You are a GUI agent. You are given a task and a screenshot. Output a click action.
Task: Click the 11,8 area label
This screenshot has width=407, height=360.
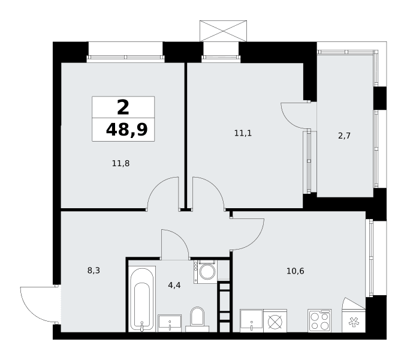120,163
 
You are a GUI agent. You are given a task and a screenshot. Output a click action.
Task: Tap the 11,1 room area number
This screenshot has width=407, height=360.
243,133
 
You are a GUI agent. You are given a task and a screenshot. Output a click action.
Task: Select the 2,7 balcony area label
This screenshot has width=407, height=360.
345,136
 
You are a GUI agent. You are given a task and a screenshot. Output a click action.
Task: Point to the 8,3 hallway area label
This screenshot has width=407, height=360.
94,271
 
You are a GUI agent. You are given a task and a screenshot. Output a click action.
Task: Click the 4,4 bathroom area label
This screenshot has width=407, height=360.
174,285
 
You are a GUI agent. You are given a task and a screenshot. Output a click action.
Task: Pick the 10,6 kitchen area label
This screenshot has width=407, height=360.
296,271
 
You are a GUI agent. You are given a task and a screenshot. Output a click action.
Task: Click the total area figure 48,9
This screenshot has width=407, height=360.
126,130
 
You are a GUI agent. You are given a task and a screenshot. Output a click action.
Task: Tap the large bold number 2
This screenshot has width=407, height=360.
123,107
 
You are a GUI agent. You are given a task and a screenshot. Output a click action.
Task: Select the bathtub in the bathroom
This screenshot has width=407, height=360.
142,299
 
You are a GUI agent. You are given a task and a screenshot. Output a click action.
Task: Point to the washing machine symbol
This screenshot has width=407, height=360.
206,271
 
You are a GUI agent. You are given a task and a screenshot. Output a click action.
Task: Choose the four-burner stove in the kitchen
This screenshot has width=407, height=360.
319,320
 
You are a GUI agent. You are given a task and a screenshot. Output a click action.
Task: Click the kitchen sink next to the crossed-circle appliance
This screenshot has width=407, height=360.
252,320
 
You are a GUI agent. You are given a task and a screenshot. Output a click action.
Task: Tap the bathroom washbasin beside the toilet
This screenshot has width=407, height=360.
170,323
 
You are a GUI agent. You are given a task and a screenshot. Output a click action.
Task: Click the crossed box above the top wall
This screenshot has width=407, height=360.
223,31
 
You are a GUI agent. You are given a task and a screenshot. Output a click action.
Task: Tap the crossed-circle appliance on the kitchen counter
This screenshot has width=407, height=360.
275,320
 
